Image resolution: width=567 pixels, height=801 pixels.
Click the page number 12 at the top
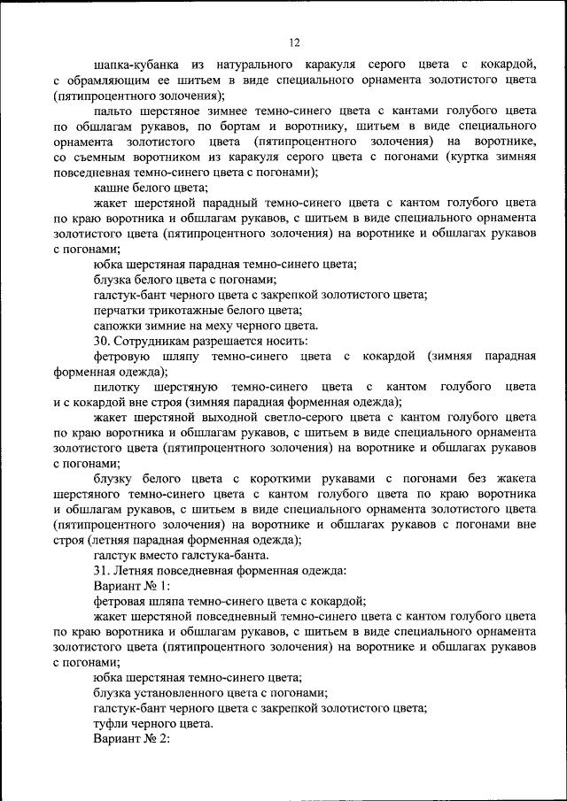[x=295, y=42]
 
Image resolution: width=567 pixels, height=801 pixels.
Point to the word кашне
[x=113, y=187]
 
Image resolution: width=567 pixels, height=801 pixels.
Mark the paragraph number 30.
[x=101, y=341]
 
